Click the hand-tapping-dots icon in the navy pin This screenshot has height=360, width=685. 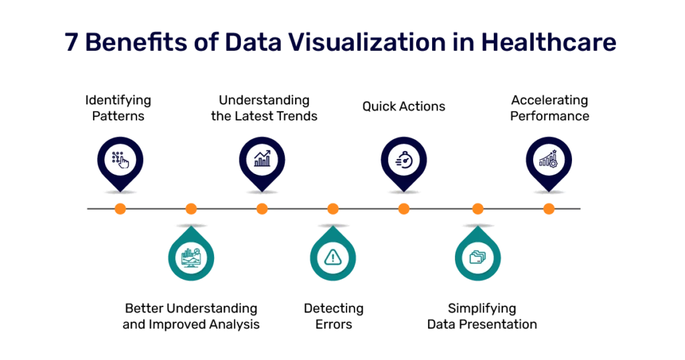coord(120,159)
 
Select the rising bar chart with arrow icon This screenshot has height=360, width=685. coord(262,159)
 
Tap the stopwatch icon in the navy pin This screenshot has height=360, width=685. coord(404,159)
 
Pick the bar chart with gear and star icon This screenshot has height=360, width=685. coord(549,159)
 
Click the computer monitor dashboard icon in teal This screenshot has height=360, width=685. coord(191,258)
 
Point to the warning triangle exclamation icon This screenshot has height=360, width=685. coord(332,258)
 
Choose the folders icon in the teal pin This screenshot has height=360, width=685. coord(478,258)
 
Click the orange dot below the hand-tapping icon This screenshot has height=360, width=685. coord(120,209)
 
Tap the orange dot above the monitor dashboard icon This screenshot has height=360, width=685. coord(191,209)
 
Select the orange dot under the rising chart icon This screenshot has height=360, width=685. coord(262,209)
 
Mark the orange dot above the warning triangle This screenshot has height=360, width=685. coord(333,209)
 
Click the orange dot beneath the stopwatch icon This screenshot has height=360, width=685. coord(403,209)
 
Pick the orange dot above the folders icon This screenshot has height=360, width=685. coord(478,209)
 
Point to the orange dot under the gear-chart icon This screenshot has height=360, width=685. coord(549,209)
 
